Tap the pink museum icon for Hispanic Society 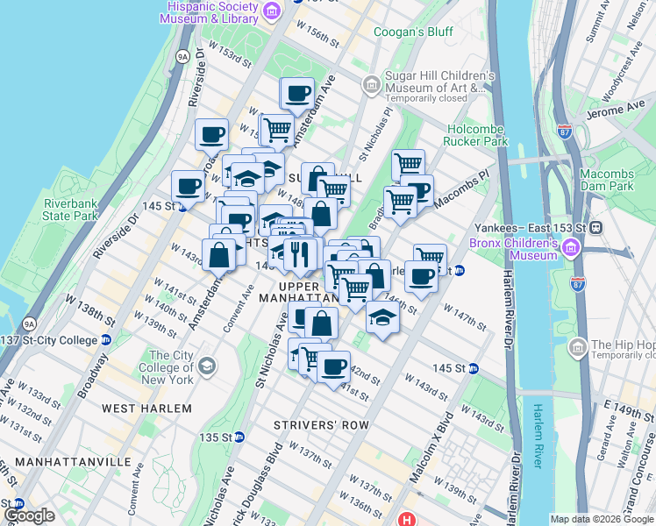click(x=273, y=11)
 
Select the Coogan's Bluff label click(x=413, y=32)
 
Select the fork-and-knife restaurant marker click(x=300, y=254)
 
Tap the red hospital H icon click(x=405, y=519)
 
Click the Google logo click(x=29, y=515)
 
